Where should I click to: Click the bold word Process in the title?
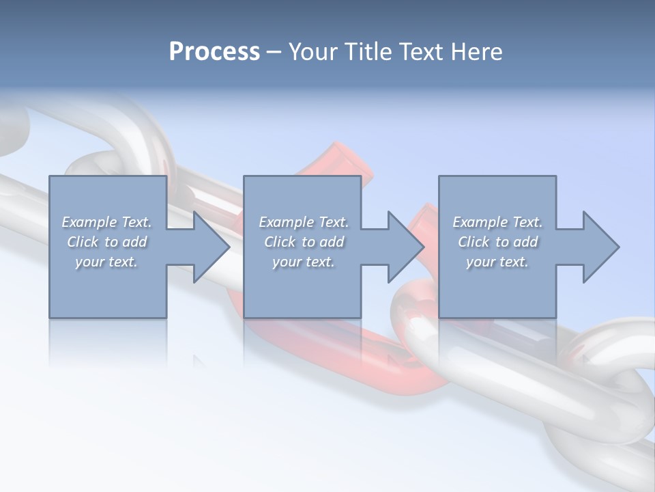pos(214,52)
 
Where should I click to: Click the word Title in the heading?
pos(367,52)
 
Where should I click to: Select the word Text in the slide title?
pos(422,52)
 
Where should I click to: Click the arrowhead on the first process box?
pos(210,247)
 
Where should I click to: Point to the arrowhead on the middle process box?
pos(405,247)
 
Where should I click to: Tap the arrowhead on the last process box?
pos(600,247)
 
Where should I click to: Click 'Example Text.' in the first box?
pos(106,222)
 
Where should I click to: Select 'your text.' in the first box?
pos(106,262)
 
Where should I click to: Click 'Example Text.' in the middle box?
pos(304,222)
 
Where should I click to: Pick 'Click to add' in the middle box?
pos(304,242)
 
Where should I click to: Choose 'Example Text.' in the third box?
pos(497,222)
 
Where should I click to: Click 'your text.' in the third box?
pos(497,262)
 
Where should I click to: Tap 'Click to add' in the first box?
pos(106,242)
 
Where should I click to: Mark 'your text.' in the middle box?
pos(304,262)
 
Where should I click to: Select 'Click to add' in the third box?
pos(497,242)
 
